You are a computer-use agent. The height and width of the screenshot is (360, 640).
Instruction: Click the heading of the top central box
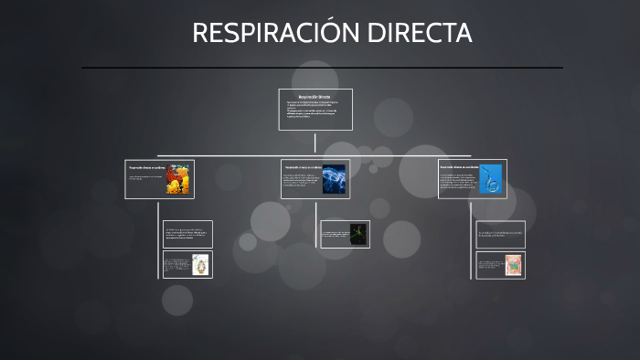tap(315, 96)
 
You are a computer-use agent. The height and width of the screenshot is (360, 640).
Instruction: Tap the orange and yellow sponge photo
tap(177, 179)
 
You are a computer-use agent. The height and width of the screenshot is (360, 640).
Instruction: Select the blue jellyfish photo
tap(333, 179)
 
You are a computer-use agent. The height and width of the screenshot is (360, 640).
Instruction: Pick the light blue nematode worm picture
tap(490, 179)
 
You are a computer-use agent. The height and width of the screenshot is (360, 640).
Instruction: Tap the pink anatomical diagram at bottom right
tap(513, 265)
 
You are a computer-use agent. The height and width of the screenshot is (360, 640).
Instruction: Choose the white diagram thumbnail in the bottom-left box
tap(200, 265)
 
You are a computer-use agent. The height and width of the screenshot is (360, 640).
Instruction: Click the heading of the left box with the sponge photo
tap(146, 168)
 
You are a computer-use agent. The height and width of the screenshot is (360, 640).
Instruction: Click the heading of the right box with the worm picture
tap(459, 167)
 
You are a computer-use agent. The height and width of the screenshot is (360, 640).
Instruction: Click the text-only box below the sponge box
tap(187, 234)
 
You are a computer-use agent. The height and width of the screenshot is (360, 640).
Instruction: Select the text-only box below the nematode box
tap(500, 234)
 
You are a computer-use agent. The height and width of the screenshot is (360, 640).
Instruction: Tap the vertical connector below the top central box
tap(315, 143)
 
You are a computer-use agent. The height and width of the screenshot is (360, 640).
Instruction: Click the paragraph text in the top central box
tap(315, 110)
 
